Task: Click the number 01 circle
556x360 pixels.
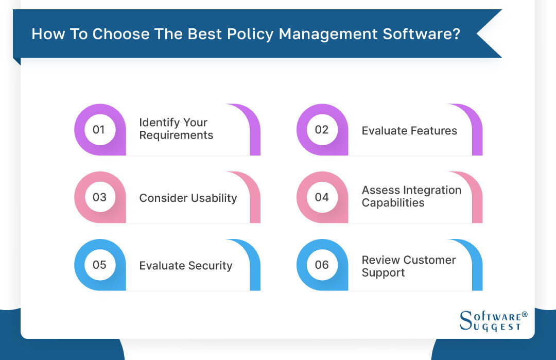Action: click(99, 129)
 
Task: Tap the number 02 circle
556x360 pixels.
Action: click(322, 129)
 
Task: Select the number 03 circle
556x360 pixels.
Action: click(99, 197)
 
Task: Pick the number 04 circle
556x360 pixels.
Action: click(322, 197)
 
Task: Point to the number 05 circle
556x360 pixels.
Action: click(99, 265)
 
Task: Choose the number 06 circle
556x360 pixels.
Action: click(322, 265)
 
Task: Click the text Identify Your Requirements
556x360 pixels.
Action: click(176, 129)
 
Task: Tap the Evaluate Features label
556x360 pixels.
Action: click(409, 131)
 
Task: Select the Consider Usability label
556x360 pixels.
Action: click(188, 198)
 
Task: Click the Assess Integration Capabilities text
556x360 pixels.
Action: click(411, 196)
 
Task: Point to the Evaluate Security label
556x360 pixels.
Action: click(185, 266)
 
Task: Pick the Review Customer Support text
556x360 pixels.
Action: click(408, 266)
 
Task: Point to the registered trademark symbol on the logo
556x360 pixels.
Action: click(525, 314)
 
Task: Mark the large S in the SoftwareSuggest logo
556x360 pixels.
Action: click(465, 321)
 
